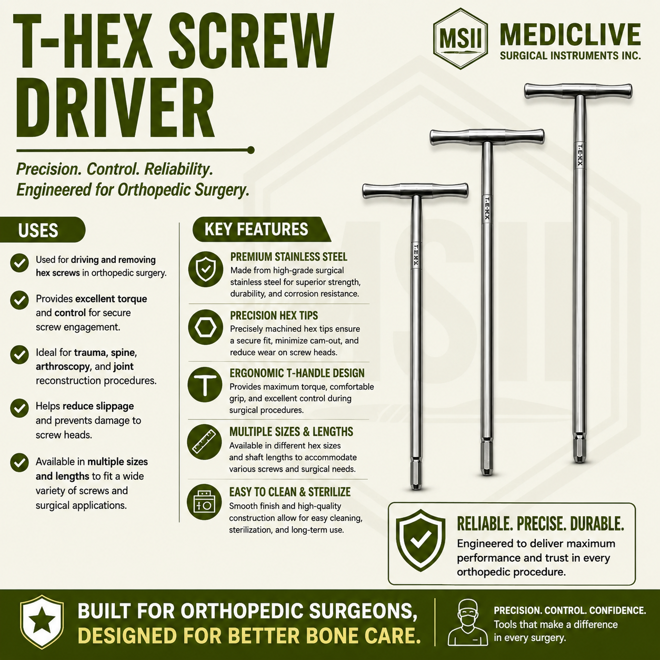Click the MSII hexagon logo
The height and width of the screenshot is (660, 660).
[x=461, y=38]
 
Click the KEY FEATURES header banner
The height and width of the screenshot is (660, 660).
[x=262, y=229]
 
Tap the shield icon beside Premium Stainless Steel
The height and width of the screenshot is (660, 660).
[x=205, y=269]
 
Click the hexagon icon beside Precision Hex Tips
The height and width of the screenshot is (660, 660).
[x=205, y=327]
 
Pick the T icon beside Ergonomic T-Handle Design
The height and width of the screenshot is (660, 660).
[x=205, y=385]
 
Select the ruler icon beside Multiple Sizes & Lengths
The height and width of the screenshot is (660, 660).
[x=204, y=442]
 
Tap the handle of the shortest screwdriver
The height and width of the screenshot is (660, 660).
[x=415, y=191]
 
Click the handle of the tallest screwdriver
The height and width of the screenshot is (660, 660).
[x=578, y=91]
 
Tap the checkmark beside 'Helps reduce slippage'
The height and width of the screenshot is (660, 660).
[x=19, y=408]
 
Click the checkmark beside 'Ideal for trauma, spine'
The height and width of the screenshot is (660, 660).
[x=19, y=355]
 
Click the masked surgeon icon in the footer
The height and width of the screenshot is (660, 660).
[x=467, y=623]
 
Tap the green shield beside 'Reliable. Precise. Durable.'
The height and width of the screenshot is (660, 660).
[x=421, y=541]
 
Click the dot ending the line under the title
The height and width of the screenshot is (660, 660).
[x=251, y=150]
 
